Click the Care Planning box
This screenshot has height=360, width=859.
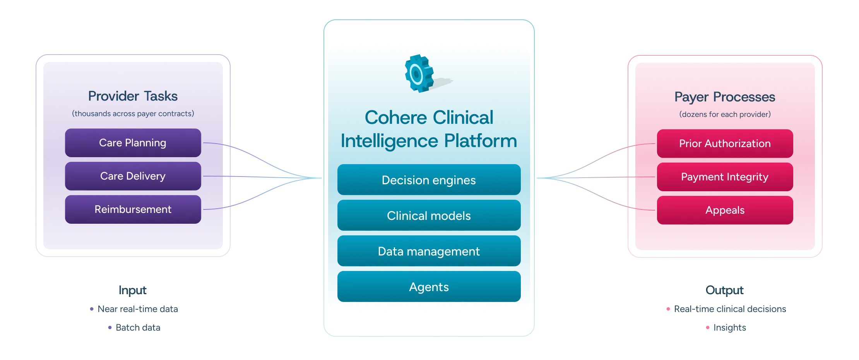[x=133, y=143]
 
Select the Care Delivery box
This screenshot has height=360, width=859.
[x=133, y=176]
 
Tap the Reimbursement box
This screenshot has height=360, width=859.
[x=133, y=209]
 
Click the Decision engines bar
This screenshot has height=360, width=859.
[x=429, y=180]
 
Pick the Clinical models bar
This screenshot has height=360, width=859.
[x=429, y=216]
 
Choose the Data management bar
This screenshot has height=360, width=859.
[x=429, y=252]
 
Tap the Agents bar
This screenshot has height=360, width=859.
[x=429, y=287]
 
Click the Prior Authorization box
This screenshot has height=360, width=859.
[x=725, y=144]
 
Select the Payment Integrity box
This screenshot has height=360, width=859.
[x=725, y=177]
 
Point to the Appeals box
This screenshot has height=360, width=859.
[x=725, y=210]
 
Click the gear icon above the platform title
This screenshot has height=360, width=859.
[x=422, y=74]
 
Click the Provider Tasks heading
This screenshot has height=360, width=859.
[x=133, y=96]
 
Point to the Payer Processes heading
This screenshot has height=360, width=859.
[x=725, y=97]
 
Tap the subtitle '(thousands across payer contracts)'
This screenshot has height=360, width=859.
[x=133, y=114]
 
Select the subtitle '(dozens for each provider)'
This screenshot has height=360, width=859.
[x=725, y=115]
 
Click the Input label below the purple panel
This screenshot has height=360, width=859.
[x=133, y=290]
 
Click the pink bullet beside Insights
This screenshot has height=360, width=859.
[x=708, y=328]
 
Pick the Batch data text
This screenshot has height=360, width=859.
[x=138, y=327]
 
